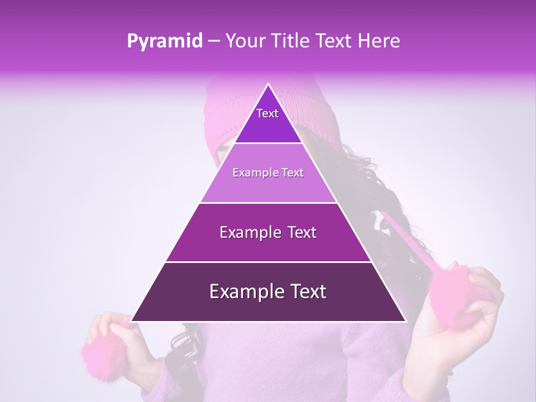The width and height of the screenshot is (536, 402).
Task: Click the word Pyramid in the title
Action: pos(165,41)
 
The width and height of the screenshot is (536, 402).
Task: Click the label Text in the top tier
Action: pos(267,113)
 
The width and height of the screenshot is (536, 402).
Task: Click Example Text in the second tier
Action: pos(268,173)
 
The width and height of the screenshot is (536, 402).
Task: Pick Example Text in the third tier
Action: pos(268,232)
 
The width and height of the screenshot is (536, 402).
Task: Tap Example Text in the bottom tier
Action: pos(268,291)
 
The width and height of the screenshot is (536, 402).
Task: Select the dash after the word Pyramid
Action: pos(214,41)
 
